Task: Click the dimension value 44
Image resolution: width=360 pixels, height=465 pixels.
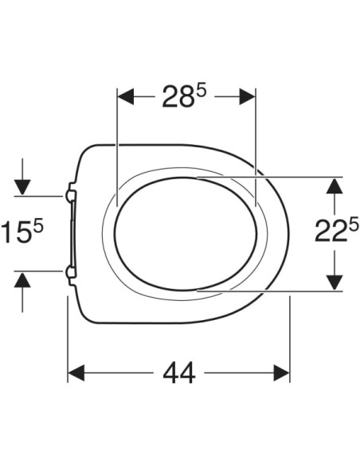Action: (x=178, y=373)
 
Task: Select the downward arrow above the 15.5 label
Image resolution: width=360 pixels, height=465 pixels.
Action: (x=22, y=186)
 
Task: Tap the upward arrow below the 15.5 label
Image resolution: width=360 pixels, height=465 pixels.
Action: (x=22, y=279)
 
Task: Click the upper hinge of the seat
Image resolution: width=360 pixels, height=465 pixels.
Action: (x=71, y=193)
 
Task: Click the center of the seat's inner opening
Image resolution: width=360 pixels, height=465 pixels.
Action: (x=186, y=233)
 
